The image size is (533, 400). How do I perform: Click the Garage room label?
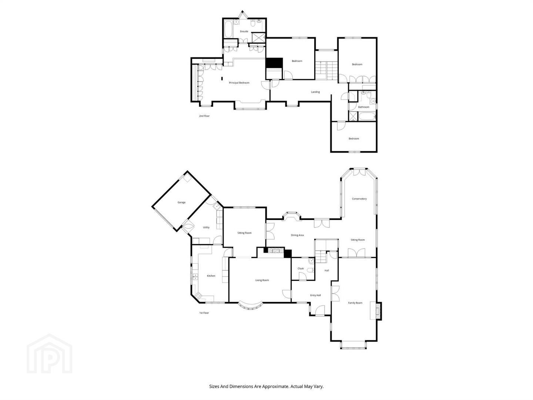pyautogui.click(x=181, y=202)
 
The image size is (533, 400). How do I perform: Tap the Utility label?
pyautogui.click(x=206, y=227)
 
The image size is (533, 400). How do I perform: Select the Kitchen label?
pyautogui.click(x=211, y=276)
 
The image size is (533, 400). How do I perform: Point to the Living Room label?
pyautogui.click(x=262, y=280)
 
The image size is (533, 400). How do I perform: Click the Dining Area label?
pyautogui.click(x=297, y=235)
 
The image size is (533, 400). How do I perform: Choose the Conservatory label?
pyautogui.click(x=359, y=199)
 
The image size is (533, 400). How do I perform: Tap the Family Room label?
pyautogui.click(x=355, y=303)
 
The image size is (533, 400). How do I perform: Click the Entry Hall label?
pyautogui.click(x=315, y=295)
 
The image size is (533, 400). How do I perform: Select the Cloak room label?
pyautogui.click(x=301, y=269)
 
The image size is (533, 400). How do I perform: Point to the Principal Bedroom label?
pyautogui.click(x=239, y=83)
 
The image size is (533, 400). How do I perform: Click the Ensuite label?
pyautogui.click(x=244, y=31)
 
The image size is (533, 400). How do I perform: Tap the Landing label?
pyautogui.click(x=315, y=92)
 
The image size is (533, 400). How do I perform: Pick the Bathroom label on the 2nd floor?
pyautogui.click(x=363, y=107)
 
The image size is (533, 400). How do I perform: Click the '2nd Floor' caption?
pyautogui.click(x=204, y=116)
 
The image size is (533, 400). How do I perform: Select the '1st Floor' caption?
pyautogui.click(x=204, y=313)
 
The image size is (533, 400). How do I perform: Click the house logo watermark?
pyautogui.click(x=49, y=354)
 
